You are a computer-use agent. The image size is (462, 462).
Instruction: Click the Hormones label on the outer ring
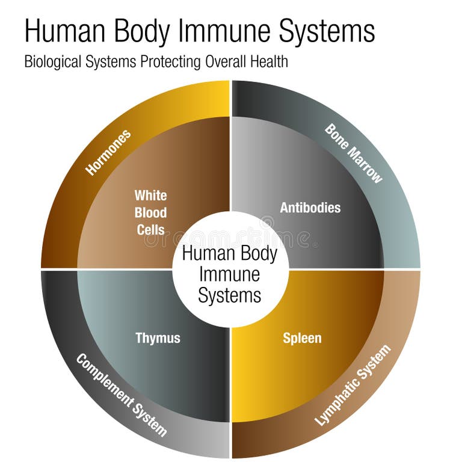109,152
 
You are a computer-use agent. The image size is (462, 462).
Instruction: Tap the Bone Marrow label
354,153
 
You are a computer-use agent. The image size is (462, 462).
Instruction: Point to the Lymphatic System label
353,385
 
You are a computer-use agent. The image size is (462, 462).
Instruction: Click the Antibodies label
310,208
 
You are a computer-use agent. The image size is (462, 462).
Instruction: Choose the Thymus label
158,338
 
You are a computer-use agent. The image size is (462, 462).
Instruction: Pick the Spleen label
302,338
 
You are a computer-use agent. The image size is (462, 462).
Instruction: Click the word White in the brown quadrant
150,196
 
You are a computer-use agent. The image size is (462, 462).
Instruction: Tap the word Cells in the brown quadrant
150,229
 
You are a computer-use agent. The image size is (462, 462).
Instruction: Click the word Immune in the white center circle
230,274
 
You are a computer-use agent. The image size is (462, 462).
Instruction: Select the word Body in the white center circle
256,253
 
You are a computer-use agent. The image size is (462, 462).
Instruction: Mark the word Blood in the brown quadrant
150,212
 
